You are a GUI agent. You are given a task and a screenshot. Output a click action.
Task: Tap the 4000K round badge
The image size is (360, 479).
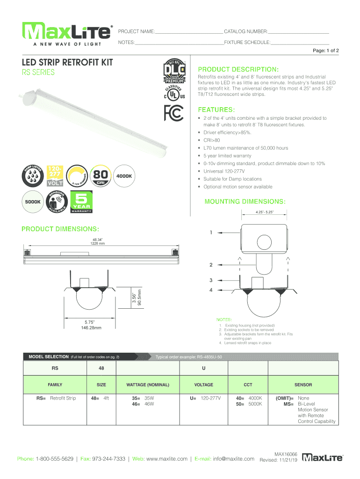tap(124, 176)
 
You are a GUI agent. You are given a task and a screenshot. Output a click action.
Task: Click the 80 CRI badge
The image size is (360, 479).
tap(101, 176)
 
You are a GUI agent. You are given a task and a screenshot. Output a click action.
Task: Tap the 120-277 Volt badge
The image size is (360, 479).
tap(56, 176)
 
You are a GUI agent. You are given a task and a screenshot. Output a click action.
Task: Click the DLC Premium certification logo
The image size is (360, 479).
tap(173, 73)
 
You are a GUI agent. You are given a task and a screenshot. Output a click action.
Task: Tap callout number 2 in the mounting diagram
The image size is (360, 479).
tap(211, 265)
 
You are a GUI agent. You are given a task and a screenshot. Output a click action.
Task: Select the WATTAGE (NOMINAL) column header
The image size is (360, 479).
tap(148, 385)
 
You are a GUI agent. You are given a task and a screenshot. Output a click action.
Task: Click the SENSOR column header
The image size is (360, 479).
tap(303, 385)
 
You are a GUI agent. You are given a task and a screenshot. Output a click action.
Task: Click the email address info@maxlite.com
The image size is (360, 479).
tap(233, 459)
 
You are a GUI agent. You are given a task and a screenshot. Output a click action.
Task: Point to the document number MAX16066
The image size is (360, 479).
tap(286, 454)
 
